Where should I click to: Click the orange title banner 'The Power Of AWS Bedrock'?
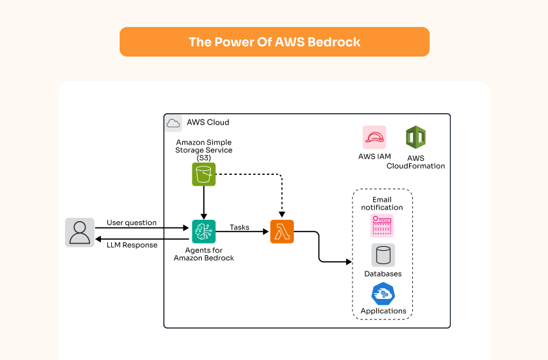click(x=274, y=42)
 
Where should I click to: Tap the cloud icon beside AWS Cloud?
click(x=173, y=123)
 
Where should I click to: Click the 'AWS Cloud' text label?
click(x=208, y=122)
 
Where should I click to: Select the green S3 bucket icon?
click(x=203, y=174)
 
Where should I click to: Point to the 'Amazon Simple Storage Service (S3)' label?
click(x=203, y=150)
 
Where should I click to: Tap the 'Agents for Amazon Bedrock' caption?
click(x=203, y=254)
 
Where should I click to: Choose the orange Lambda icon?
click(x=282, y=231)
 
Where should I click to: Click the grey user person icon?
click(x=80, y=232)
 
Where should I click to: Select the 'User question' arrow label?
click(x=131, y=222)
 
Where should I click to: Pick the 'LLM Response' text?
click(x=132, y=245)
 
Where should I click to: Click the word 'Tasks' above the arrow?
click(x=239, y=228)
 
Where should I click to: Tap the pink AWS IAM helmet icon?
click(x=374, y=137)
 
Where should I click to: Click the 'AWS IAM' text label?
click(x=374, y=156)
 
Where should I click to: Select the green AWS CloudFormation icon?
click(x=416, y=137)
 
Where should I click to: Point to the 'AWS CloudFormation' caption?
click(x=416, y=162)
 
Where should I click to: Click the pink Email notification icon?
click(x=382, y=226)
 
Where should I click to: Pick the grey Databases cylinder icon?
click(x=383, y=255)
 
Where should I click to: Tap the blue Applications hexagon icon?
click(x=383, y=294)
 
